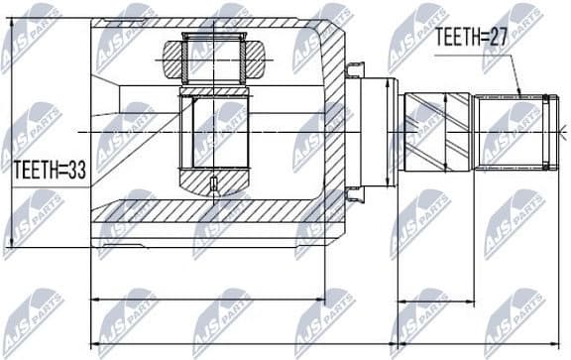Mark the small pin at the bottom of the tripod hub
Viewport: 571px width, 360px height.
214,183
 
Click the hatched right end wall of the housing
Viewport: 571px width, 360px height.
338,129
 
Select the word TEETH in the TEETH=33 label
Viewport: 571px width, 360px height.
36,171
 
